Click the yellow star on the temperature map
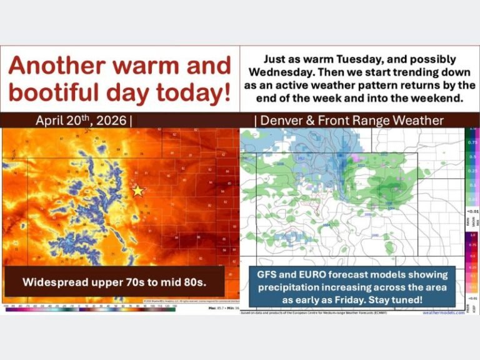pyautogui.click(x=137, y=191)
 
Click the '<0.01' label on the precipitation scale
pyautogui.click(x=473, y=211)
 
